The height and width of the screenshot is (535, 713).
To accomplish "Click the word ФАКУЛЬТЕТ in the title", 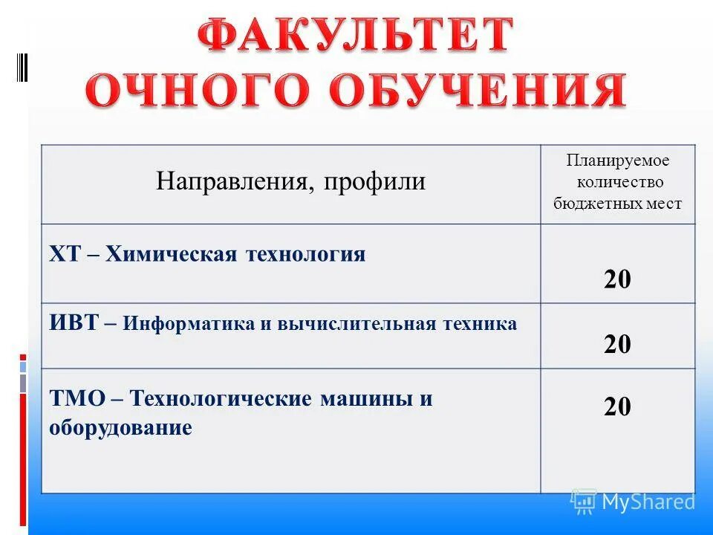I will click(356, 37).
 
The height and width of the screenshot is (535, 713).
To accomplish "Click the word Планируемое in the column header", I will click(618, 160).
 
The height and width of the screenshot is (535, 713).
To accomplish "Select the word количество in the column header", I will click(618, 182).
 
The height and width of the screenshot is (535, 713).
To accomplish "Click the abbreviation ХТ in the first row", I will click(65, 255).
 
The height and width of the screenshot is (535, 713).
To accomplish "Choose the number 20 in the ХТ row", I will click(617, 280).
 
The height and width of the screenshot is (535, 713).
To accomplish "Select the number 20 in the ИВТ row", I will click(617, 345).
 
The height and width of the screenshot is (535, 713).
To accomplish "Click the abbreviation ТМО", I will click(75, 398).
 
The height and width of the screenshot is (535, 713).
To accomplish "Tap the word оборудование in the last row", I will click(120, 428).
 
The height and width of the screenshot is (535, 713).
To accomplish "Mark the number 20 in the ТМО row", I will click(617, 406).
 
